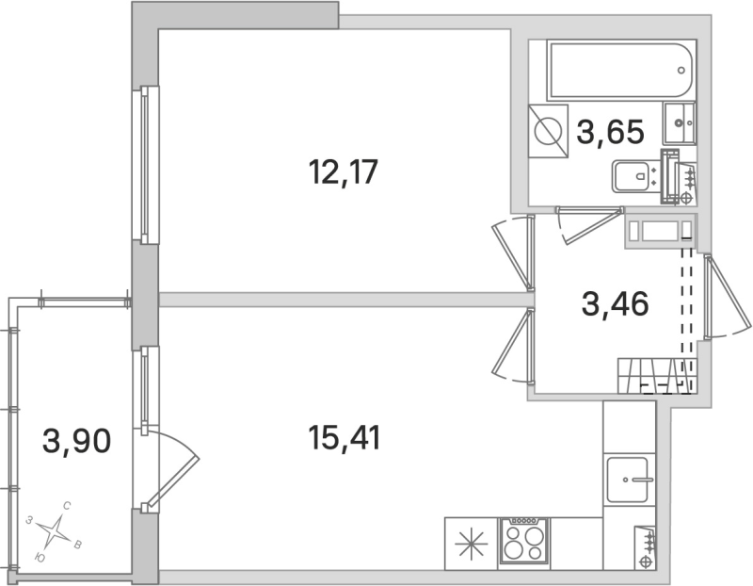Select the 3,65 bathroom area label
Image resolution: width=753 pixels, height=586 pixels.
pyautogui.click(x=611, y=131)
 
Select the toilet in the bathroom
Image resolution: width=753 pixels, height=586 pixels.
pyautogui.click(x=635, y=176)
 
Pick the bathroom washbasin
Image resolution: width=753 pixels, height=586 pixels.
pyautogui.click(x=681, y=120)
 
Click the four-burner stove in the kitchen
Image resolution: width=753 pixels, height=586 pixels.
pyautogui.click(x=522, y=542)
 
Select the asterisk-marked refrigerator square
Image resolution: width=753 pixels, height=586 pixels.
pyautogui.click(x=469, y=545)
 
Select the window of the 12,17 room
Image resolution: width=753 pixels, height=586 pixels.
pyautogui.click(x=146, y=165)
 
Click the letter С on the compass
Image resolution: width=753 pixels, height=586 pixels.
pyautogui.click(x=67, y=506)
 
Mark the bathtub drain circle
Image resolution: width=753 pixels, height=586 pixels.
pyautogui.click(x=682, y=69)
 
